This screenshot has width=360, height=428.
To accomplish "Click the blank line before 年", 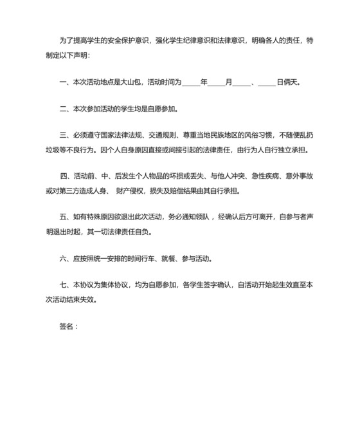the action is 191,83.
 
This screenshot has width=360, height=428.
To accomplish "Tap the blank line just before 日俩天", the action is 266,83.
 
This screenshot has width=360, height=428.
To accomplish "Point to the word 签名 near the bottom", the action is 66,326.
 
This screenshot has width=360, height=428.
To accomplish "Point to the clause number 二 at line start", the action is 62,109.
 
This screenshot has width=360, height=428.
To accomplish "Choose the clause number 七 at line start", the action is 62,286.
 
